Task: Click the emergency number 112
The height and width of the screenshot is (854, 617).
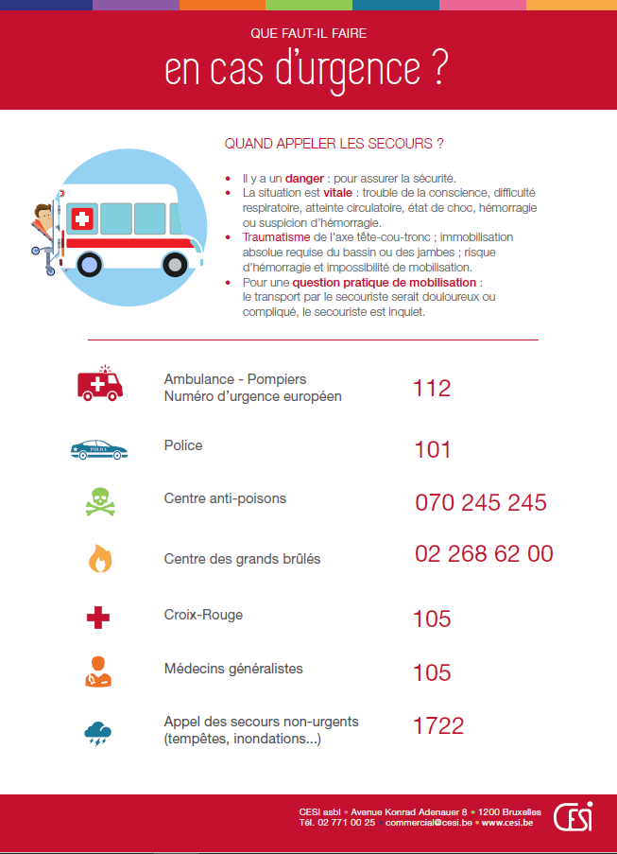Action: pyautogui.click(x=432, y=388)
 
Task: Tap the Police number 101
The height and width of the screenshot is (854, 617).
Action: pyautogui.click(x=433, y=450)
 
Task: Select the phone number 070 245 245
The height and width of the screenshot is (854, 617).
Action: pyautogui.click(x=481, y=502)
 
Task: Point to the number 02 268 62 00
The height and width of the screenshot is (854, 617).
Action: pyautogui.click(x=484, y=554)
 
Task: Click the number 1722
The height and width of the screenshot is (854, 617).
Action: pyautogui.click(x=438, y=725)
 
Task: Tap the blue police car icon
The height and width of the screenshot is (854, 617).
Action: pyautogui.click(x=97, y=449)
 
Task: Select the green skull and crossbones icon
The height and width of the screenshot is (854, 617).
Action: pyautogui.click(x=98, y=503)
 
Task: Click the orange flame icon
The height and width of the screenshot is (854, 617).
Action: pyautogui.click(x=99, y=559)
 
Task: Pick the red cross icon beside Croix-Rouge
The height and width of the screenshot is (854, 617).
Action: pyautogui.click(x=98, y=619)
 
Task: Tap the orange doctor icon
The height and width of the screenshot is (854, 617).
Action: pyautogui.click(x=98, y=671)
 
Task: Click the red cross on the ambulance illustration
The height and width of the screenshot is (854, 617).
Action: pyautogui.click(x=82, y=219)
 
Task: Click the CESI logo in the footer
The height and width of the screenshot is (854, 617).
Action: pyautogui.click(x=573, y=816)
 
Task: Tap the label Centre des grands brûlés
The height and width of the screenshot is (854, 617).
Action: pyautogui.click(x=242, y=559)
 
